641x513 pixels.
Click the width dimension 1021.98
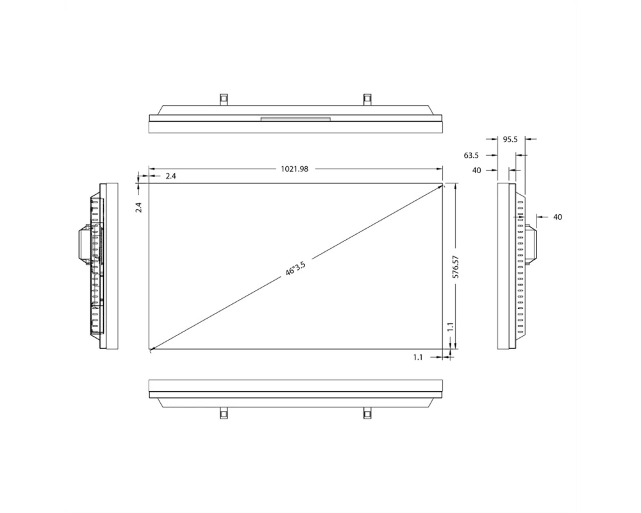coord(294,169)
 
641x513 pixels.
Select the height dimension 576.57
coord(456,267)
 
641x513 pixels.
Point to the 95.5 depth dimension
coord(510,140)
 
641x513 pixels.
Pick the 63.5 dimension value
coord(471,155)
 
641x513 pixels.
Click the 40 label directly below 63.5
coord(477,171)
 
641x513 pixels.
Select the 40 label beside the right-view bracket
coord(558,217)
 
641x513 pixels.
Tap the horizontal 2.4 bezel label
coord(171,176)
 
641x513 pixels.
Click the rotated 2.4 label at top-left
coord(139,207)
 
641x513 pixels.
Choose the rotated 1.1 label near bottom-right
coord(450,326)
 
